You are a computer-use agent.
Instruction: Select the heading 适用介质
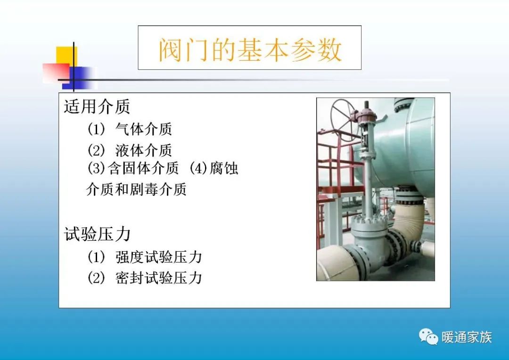click(x=97, y=107)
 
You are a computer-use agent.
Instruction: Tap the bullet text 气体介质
click(x=144, y=129)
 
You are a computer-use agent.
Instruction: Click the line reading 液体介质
click(x=144, y=150)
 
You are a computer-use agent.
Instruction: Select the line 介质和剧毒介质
click(x=136, y=189)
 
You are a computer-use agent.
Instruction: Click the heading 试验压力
click(x=97, y=234)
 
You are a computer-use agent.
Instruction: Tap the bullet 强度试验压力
click(x=159, y=257)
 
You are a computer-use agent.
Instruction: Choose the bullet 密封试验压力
click(x=159, y=278)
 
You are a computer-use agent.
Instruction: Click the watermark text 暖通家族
click(x=467, y=337)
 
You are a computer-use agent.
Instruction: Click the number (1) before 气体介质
click(x=97, y=129)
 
